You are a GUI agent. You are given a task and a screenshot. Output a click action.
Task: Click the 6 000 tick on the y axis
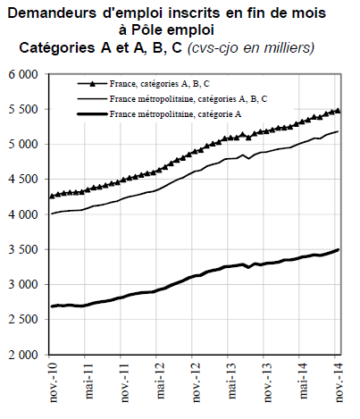click(x=24, y=74)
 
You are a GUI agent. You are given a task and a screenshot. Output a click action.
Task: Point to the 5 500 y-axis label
click(x=24, y=109)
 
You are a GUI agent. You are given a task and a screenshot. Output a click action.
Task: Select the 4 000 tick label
click(x=24, y=214)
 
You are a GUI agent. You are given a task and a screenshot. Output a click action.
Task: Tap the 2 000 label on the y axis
click(x=24, y=355)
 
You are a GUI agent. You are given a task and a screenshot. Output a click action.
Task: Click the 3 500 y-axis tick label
click(x=24, y=249)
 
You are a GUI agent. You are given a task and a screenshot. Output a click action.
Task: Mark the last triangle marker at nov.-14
click(x=338, y=111)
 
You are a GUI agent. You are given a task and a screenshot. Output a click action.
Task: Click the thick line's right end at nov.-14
click(x=338, y=250)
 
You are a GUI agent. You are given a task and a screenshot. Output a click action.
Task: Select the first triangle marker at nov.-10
click(x=53, y=196)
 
